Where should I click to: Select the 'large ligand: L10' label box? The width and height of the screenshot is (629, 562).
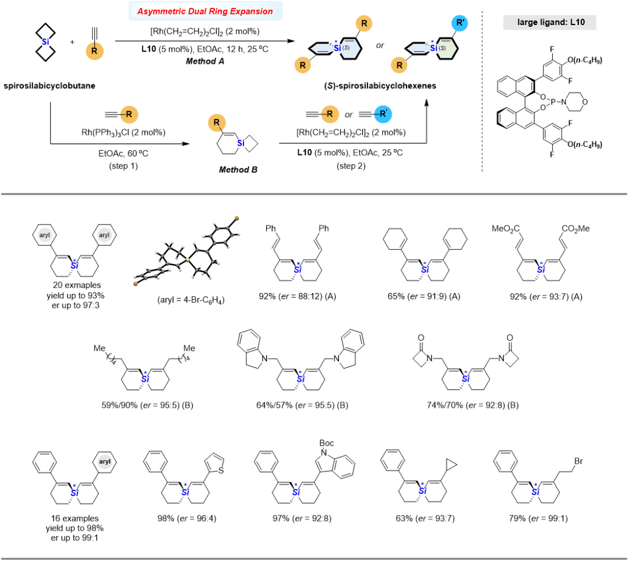(x=550, y=23)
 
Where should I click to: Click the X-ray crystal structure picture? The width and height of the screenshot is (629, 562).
(x=185, y=251)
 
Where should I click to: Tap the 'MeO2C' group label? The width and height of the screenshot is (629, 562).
(x=506, y=228)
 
